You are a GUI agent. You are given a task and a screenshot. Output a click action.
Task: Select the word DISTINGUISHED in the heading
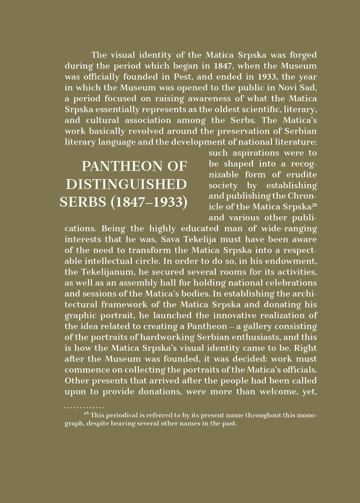tap(126, 184)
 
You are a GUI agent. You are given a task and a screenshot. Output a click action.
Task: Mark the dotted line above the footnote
tap(84, 408)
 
